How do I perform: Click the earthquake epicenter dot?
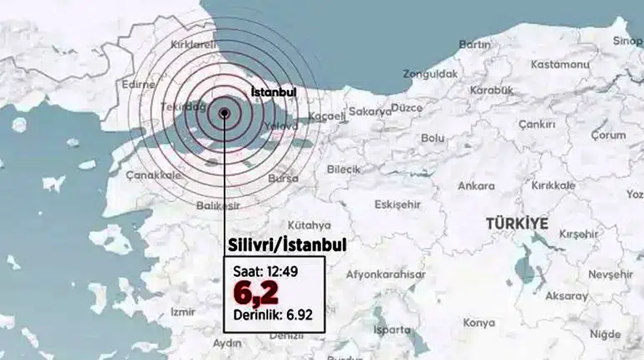(225, 115)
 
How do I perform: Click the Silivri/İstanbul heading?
(286, 244)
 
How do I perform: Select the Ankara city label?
(476, 185)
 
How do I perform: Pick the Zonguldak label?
(430, 74)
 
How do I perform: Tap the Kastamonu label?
(537, 64)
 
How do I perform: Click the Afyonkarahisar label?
(385, 274)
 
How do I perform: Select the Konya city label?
(478, 322)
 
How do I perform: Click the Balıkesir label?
(219, 205)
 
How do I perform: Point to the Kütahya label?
(309, 224)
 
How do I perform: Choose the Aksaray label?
(566, 295)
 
